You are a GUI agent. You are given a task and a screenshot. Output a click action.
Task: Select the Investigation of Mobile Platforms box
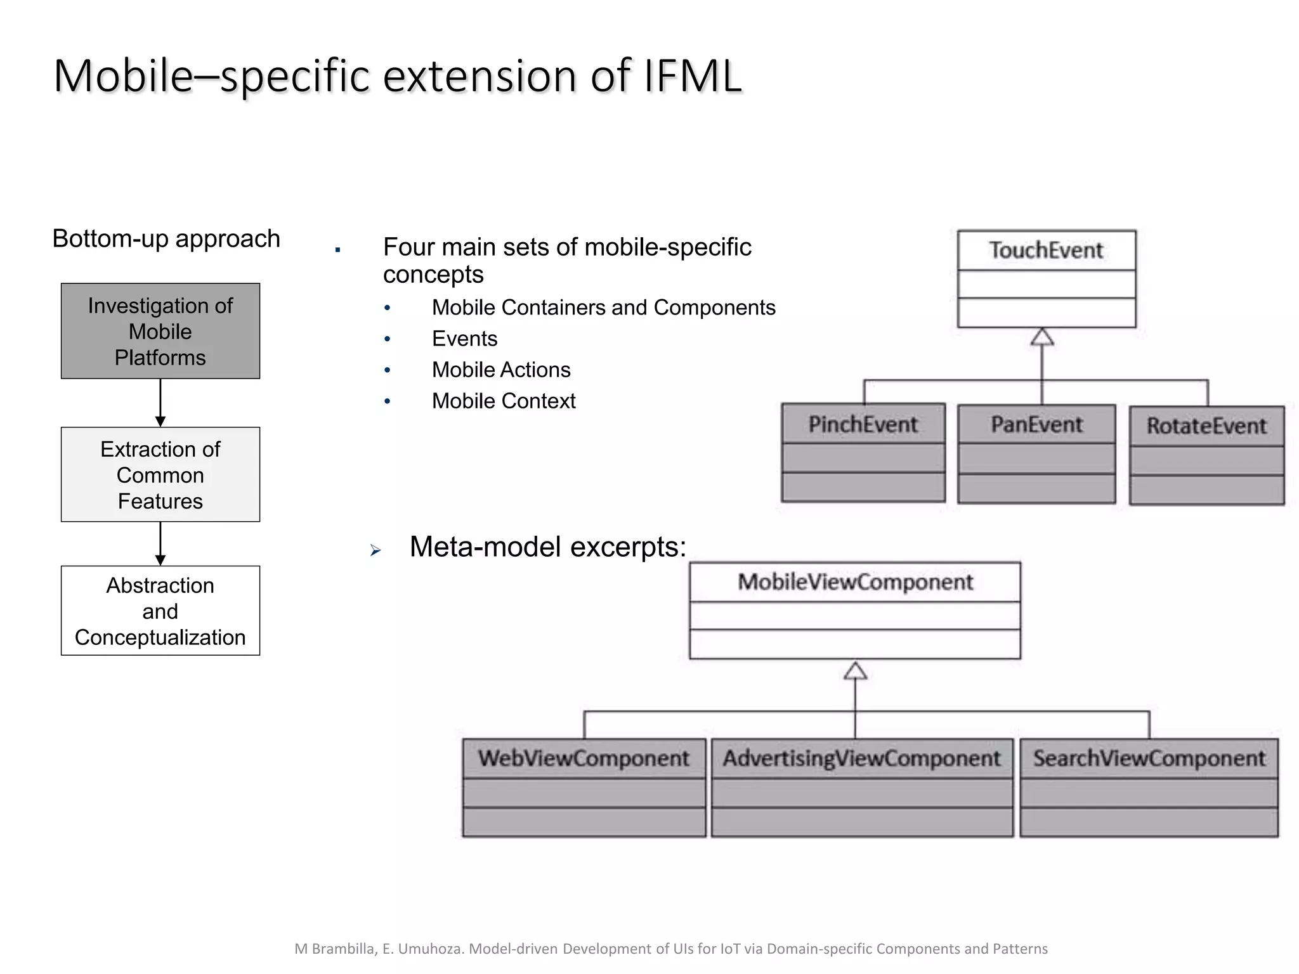coord(160,331)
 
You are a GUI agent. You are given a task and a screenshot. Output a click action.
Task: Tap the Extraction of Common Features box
coord(160,474)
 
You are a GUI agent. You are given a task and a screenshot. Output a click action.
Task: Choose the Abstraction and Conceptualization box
coord(160,611)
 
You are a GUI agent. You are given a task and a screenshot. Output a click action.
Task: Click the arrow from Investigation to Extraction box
coord(160,403)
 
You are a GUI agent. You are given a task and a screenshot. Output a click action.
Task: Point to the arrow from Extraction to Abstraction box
coord(160,543)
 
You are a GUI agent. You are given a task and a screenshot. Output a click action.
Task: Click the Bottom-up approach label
coord(166,239)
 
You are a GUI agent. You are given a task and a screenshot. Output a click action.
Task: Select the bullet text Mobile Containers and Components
coord(603,308)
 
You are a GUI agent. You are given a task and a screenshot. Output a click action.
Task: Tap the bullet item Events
coord(464,339)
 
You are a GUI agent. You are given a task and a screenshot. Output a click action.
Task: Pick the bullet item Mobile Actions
coord(501,370)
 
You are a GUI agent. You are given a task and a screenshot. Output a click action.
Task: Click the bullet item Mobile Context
coord(504,401)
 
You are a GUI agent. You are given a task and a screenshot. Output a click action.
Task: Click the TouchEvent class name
coord(1046,250)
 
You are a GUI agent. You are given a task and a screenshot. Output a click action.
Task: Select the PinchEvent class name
coord(863,424)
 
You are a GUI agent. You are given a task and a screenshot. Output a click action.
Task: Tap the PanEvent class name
coord(1036,424)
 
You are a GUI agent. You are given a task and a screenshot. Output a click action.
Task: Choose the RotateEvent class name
coord(1206,426)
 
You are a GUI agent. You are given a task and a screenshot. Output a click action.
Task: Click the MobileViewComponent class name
coord(854,581)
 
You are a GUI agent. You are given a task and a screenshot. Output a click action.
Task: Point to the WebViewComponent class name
coord(584,758)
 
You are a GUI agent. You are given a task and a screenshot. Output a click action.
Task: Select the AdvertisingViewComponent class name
coord(861,758)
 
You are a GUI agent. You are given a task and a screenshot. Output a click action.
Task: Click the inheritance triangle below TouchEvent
coord(1042,337)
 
